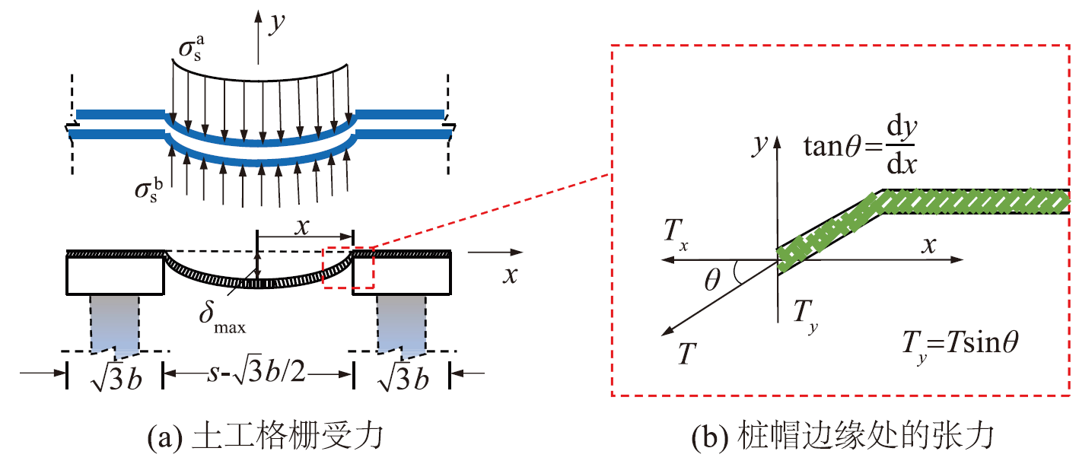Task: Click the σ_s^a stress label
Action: pyautogui.click(x=192, y=48)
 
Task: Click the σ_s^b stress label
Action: pyautogui.click(x=149, y=189)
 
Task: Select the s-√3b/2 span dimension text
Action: pyautogui.click(x=256, y=372)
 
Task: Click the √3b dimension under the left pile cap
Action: pyautogui.click(x=116, y=378)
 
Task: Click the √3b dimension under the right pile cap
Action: pyautogui.click(x=403, y=378)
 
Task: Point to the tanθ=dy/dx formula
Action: pyautogui.click(x=861, y=145)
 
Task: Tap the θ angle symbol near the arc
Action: pyautogui.click(x=712, y=279)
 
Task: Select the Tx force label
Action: pyautogui.click(x=676, y=234)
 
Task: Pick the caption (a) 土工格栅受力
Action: pyautogui.click(x=266, y=436)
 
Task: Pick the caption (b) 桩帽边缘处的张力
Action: pyautogui.click(x=843, y=436)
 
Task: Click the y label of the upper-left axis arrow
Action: pyautogui.click(x=277, y=22)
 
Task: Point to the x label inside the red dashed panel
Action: pyautogui.click(x=928, y=245)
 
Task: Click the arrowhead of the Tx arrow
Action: pyautogui.click(x=667, y=260)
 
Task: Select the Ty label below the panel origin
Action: pyautogui.click(x=805, y=315)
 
